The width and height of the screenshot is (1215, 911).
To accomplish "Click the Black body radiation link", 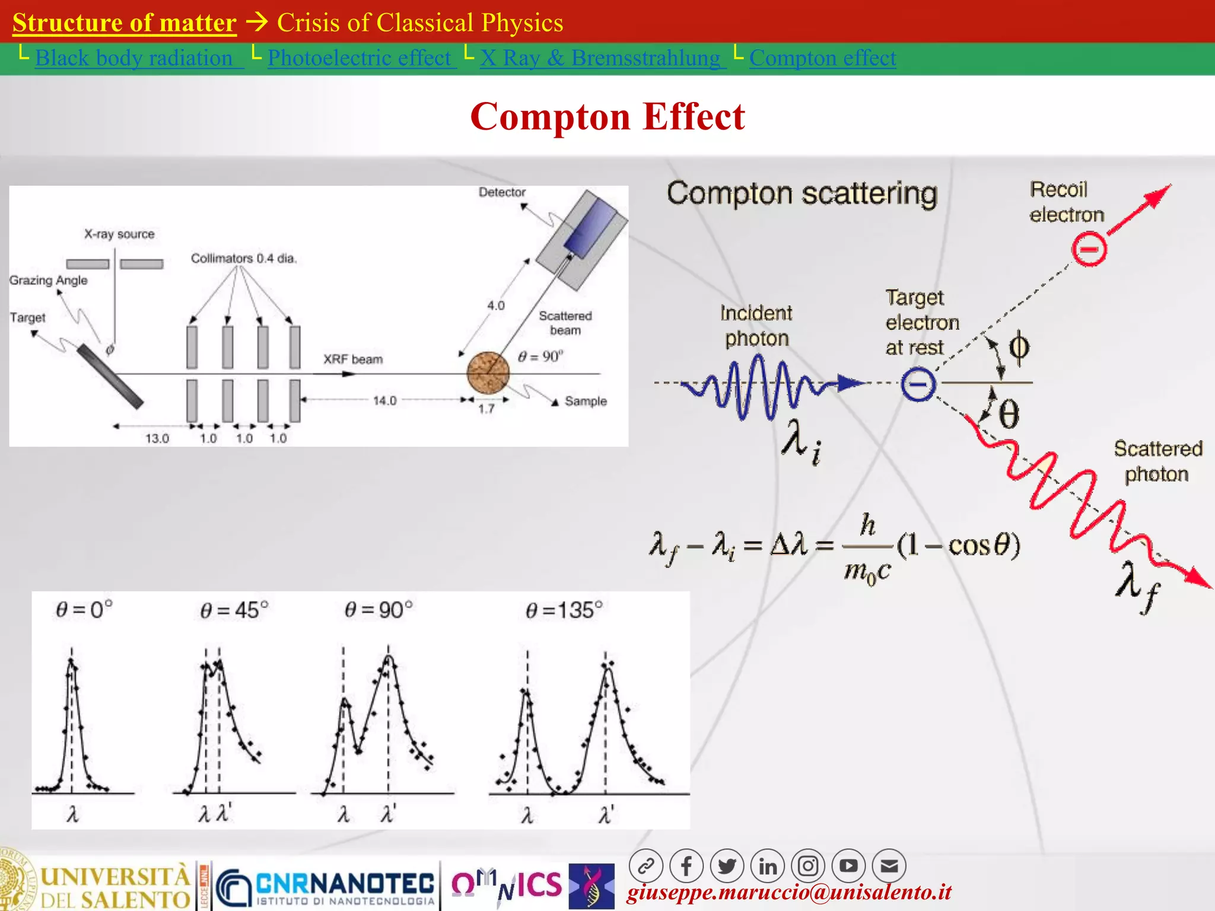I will pyautogui.click(x=134, y=58).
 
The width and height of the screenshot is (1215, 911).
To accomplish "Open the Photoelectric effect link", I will pyautogui.click(x=360, y=58).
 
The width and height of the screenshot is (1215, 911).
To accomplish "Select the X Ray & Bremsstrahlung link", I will pyautogui.click(x=600, y=58).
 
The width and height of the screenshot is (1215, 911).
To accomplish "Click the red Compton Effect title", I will pyautogui.click(x=607, y=116).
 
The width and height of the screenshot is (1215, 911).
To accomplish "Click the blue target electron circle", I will pyautogui.click(x=918, y=384).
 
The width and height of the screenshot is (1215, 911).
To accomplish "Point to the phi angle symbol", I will pyautogui.click(x=1019, y=346).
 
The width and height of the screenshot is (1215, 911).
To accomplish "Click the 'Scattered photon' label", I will pyautogui.click(x=1157, y=461).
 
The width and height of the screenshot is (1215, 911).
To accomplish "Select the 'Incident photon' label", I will pyautogui.click(x=756, y=326).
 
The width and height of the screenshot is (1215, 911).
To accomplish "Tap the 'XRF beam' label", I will pyautogui.click(x=353, y=359).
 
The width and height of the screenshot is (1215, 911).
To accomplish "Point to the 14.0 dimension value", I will pyautogui.click(x=384, y=401).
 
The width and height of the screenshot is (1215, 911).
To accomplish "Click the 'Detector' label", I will pyautogui.click(x=502, y=192).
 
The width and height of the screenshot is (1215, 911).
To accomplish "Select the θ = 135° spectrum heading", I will pyautogui.click(x=564, y=610).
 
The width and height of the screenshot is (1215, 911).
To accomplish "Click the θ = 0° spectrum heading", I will pyautogui.click(x=84, y=610).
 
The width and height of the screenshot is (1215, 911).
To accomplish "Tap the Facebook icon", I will pyautogui.click(x=686, y=867).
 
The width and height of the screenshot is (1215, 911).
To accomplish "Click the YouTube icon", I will pyautogui.click(x=848, y=867).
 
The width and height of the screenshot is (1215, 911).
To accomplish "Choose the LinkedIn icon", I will pyautogui.click(x=768, y=867).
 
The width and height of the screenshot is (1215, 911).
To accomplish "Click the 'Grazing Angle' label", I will pyautogui.click(x=49, y=281).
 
